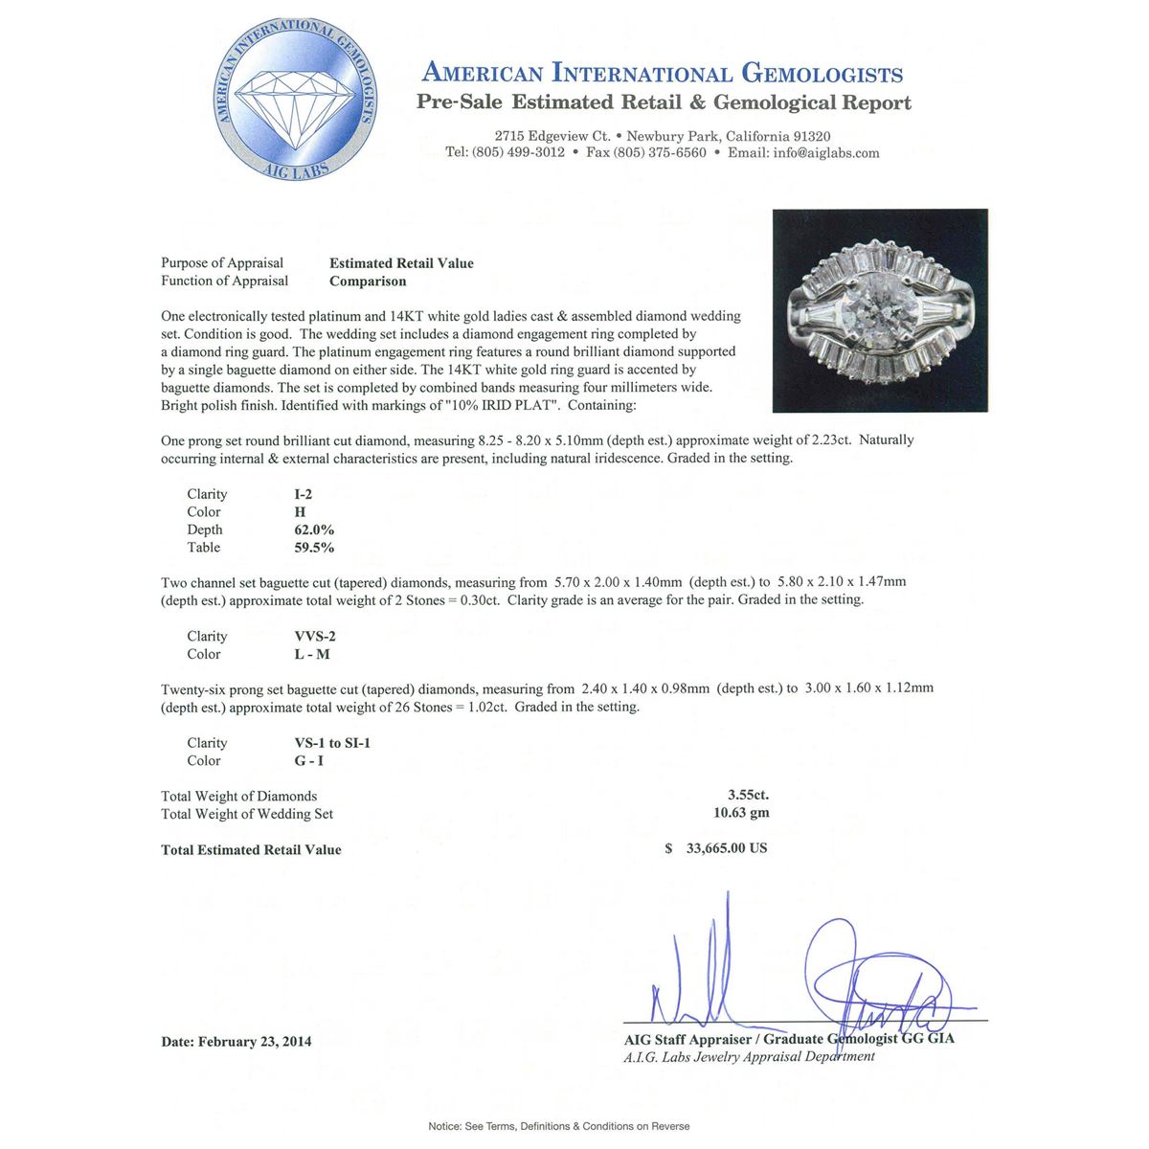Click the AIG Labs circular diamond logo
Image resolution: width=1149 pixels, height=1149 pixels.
point(295,102)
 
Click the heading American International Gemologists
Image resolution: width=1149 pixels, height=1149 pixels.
point(663,74)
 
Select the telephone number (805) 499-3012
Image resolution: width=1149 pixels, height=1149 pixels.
point(518,153)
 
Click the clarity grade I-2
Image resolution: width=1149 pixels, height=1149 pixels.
point(304,494)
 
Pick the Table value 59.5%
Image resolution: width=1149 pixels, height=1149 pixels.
point(314,548)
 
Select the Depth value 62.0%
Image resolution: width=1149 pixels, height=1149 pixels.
point(314,529)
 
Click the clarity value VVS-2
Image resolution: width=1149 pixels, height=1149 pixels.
point(315,636)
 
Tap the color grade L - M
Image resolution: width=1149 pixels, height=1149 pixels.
point(312,654)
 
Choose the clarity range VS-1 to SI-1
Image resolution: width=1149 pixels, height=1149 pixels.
point(332,743)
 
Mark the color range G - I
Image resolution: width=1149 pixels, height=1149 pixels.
point(309,761)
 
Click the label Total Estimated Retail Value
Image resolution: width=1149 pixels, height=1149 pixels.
point(251,850)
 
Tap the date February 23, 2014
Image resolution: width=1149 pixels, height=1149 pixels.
point(255,1042)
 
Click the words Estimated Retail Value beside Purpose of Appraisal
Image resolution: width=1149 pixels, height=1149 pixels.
point(401,263)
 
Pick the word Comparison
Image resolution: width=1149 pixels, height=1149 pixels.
point(368,282)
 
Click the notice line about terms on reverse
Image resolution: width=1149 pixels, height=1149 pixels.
point(558,1126)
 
